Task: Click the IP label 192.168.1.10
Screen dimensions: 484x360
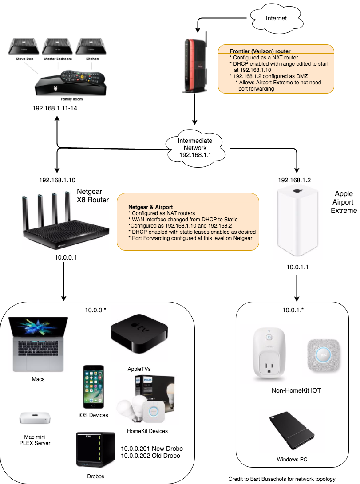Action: (x=57, y=180)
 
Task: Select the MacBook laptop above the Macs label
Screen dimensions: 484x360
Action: (x=38, y=344)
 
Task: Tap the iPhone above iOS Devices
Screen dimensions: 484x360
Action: (x=94, y=387)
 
